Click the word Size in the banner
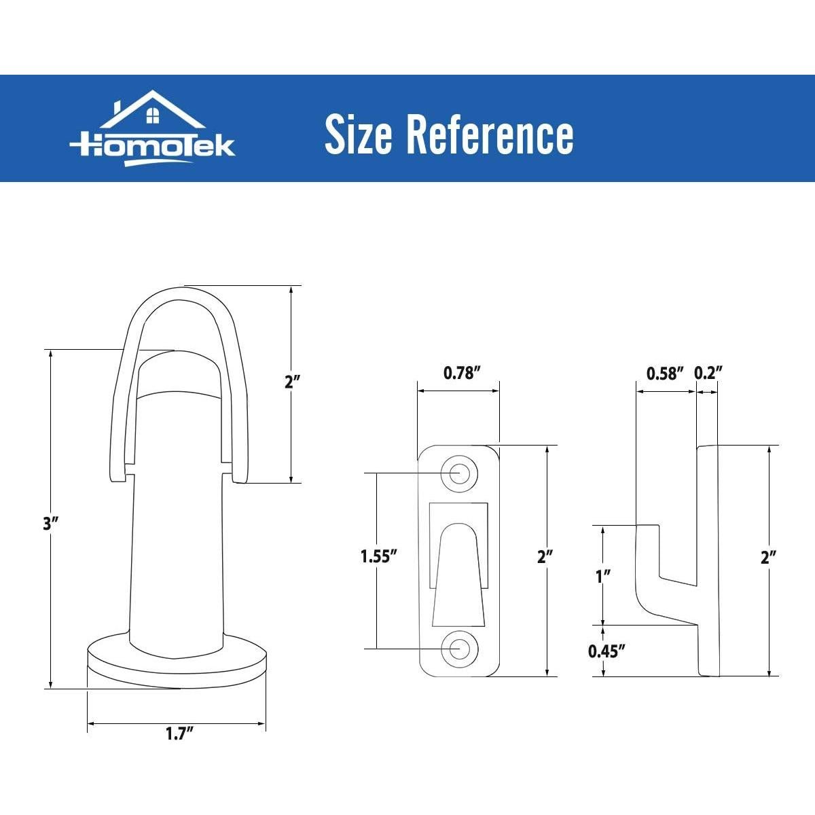[x=358, y=134]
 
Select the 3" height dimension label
[x=50, y=524]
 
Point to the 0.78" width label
[x=462, y=373]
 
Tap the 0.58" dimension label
[x=665, y=373]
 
